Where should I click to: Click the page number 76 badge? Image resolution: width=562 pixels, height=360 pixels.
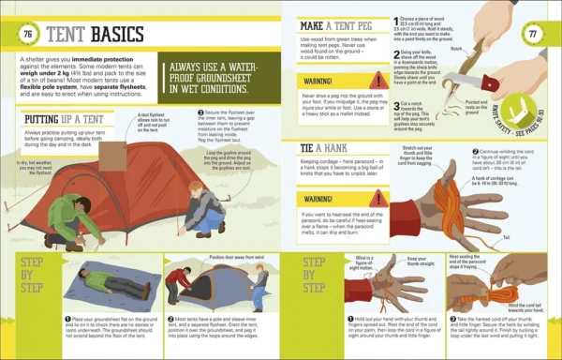coord(27,34)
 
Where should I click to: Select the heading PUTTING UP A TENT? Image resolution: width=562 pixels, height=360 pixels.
coord(66,119)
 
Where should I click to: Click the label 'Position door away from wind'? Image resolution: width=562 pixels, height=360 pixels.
coord(212,256)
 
